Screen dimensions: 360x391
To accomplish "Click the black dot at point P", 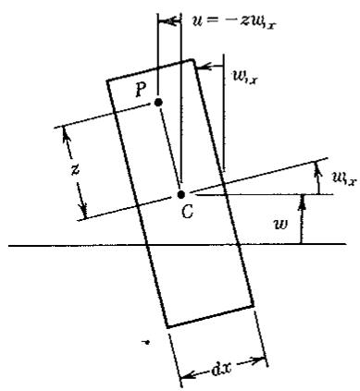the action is [158, 103].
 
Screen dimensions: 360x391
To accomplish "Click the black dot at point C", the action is [181, 195].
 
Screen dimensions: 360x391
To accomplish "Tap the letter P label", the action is [141, 91].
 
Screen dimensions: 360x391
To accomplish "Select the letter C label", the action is [187, 212].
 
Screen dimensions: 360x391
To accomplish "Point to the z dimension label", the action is [75, 169].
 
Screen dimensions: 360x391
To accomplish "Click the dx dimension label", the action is [222, 369].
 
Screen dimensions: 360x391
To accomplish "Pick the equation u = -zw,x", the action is [233, 22].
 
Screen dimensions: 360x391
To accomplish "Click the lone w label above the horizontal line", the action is [281, 225].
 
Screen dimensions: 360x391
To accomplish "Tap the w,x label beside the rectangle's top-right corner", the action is [244, 79].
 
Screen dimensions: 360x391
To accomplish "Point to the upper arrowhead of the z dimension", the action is [66, 135].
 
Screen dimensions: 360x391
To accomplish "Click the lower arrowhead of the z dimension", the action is [83, 210].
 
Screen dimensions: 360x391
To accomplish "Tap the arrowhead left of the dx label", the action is [188, 375].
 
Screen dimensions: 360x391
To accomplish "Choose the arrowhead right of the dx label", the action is [257, 360].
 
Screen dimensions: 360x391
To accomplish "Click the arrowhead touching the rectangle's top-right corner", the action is [203, 67].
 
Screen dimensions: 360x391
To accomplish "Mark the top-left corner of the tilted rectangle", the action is [107, 80].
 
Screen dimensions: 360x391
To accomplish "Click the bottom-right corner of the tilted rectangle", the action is [254, 306].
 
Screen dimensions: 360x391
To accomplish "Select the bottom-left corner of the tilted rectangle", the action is [167, 327].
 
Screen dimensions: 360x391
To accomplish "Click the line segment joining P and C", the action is [169, 149].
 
